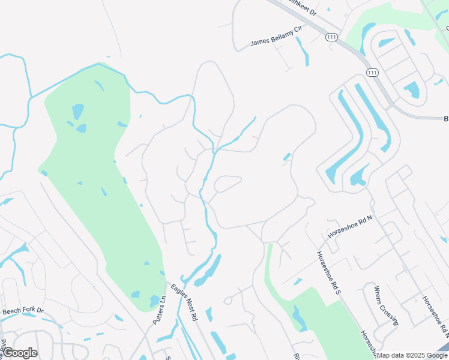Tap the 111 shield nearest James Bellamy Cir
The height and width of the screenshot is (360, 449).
tap(331, 37)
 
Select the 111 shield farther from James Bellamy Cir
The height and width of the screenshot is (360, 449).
tap(372, 73)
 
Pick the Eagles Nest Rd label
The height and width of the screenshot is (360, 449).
tap(183, 304)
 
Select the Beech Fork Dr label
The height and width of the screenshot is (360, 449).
tap(23, 311)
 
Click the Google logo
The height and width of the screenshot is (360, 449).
tap(20, 353)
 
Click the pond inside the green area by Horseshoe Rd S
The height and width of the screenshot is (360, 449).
tap(298, 318)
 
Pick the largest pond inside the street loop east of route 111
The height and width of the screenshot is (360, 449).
tap(412, 90)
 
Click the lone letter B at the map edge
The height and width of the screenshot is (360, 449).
tap(445, 119)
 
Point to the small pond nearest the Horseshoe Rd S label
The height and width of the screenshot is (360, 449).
tap(297, 281)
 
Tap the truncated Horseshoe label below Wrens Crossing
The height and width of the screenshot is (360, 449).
tap(368, 341)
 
